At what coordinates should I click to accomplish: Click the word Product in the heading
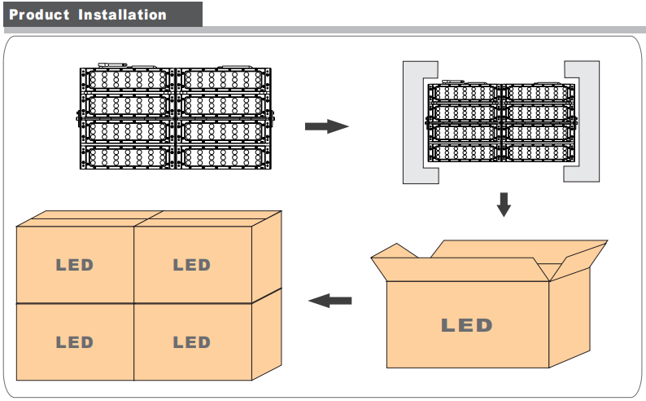[x=40, y=15]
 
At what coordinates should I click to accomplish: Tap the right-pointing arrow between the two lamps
[x=326, y=126]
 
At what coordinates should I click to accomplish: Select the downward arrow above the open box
[x=504, y=204]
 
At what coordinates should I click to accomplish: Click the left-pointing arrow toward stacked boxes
[x=330, y=301]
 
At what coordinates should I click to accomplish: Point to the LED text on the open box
[x=467, y=325]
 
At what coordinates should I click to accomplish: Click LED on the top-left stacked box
[x=75, y=265]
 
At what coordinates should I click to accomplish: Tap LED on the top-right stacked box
[x=192, y=265]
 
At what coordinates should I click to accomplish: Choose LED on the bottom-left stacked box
[x=75, y=342]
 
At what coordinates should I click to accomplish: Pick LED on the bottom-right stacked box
[x=192, y=342]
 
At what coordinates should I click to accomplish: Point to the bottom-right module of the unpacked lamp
[x=221, y=157]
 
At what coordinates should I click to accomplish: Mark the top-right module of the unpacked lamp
[x=221, y=80]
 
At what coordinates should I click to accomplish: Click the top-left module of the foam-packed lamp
[x=465, y=93]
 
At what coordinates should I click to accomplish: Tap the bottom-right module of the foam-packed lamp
[x=536, y=152]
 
